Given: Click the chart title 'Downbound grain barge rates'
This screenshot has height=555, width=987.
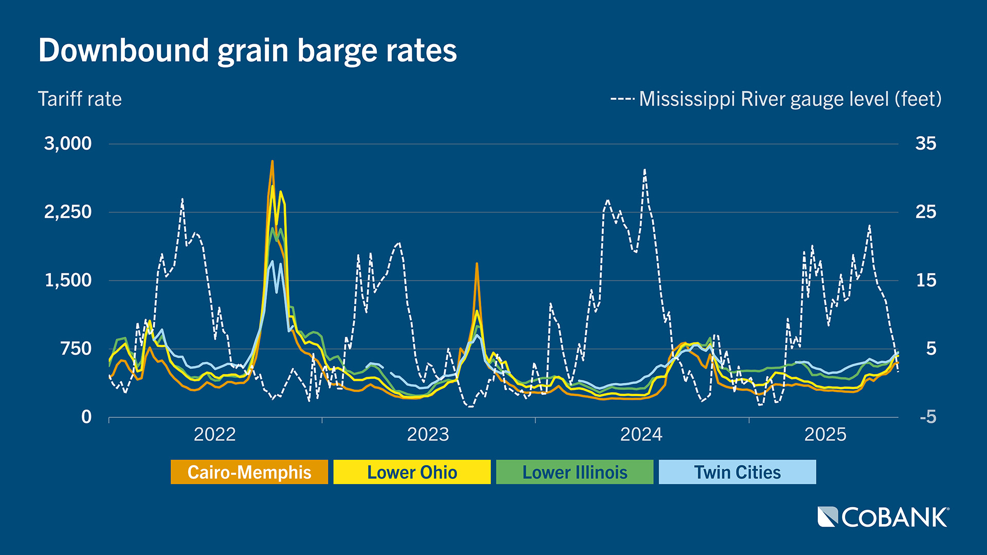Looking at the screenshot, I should point(247,50).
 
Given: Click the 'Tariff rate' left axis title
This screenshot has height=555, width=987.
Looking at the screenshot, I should point(80,99).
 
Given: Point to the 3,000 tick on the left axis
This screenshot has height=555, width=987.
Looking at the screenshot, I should point(68,143).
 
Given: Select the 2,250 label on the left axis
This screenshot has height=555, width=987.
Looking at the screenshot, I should point(68,212).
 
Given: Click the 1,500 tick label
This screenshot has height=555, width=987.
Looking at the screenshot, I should point(68,281).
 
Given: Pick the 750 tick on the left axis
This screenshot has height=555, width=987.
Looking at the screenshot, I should point(76,349).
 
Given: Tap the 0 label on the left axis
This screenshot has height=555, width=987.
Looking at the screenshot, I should point(86,417).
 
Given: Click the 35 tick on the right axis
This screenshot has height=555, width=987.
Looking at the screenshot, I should point(926,143).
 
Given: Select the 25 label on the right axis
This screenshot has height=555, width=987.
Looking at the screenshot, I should point(926,212).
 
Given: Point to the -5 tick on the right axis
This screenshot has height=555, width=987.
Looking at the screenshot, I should point(928,417).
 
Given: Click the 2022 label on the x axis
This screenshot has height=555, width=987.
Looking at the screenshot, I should point(214,435).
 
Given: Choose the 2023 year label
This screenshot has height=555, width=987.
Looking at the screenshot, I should point(428,435).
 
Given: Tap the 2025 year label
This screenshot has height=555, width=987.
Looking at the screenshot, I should point(825,435).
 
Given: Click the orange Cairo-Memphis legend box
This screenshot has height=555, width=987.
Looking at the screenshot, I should point(249,472).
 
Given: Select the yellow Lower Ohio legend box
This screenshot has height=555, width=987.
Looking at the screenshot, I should point(412,472).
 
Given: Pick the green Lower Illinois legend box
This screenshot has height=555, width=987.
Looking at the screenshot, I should point(575,472).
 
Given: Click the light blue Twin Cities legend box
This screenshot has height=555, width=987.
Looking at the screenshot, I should point(737,472).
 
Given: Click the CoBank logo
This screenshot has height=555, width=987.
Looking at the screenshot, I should point(883,517).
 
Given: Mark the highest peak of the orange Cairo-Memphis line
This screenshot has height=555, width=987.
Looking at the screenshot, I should point(272,161).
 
